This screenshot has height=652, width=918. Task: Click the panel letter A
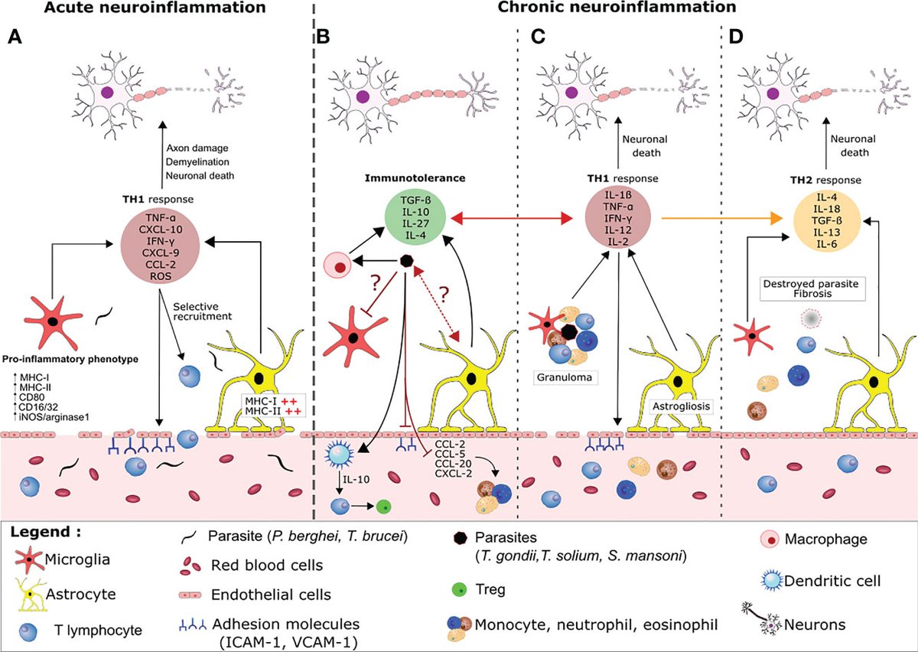15,37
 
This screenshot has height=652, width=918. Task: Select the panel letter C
539,37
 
